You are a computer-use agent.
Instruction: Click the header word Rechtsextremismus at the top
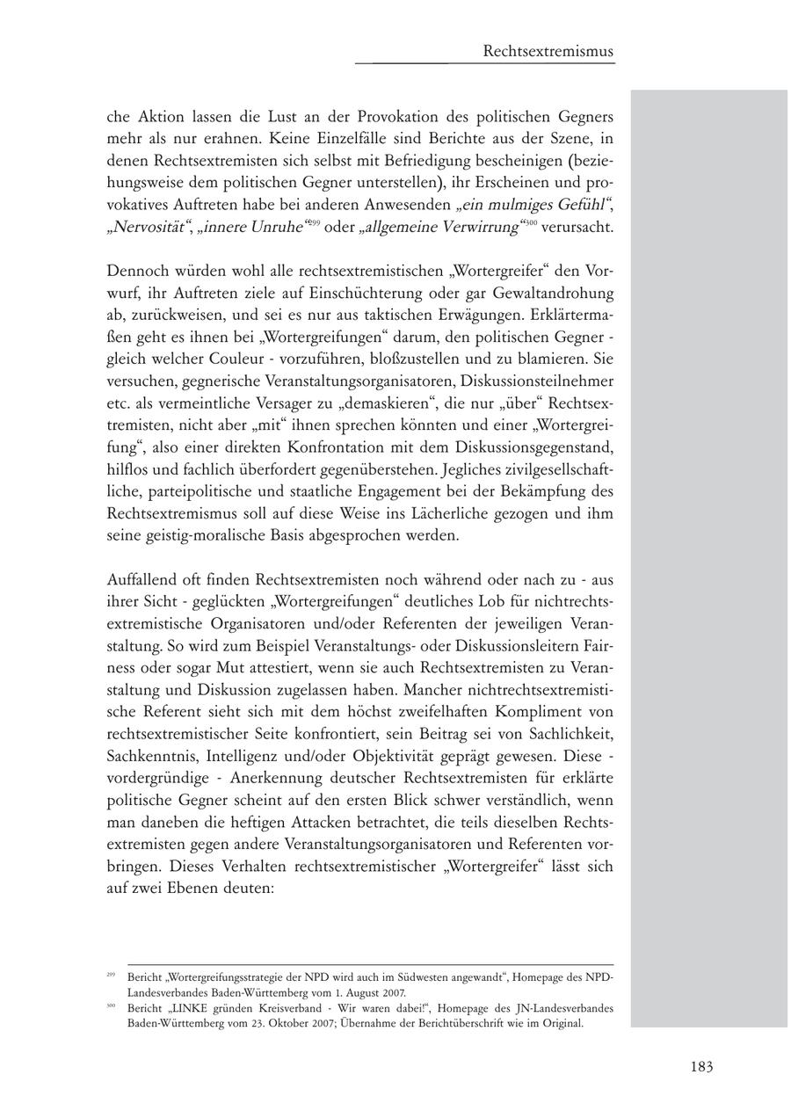[x=548, y=52]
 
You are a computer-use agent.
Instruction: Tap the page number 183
[x=700, y=1067]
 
